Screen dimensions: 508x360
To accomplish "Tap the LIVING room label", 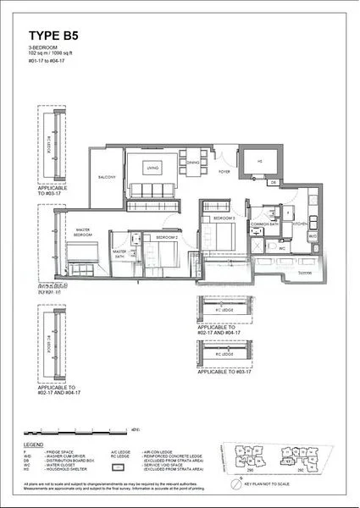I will click(152, 168).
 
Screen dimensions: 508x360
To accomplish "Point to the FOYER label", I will click(224, 172).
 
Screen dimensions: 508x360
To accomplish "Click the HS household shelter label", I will click(260, 163).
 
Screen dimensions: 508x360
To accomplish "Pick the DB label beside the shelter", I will click(274, 182).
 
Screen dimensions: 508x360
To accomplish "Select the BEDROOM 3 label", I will click(223, 218).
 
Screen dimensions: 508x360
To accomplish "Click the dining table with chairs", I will click(193, 155).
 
